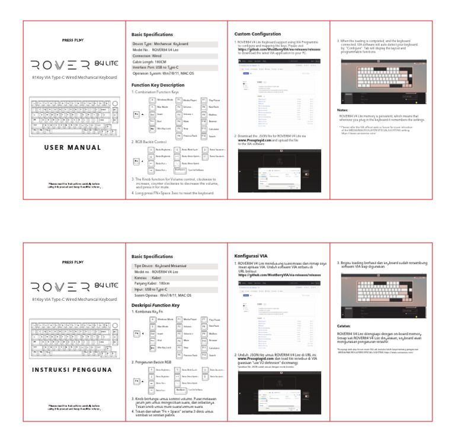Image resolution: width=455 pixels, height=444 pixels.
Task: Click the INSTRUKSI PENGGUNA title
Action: point(74,370)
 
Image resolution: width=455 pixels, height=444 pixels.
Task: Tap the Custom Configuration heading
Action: point(258,34)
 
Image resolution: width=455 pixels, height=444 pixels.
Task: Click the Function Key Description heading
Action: point(158,85)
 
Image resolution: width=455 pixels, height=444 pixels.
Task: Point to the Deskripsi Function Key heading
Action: point(155,305)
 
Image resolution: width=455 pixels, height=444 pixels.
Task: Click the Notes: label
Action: point(342,110)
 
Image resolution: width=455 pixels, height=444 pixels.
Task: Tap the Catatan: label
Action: point(345,325)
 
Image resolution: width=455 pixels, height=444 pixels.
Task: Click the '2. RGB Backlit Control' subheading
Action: point(153,142)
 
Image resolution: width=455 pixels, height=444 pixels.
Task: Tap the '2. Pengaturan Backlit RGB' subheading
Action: point(155,361)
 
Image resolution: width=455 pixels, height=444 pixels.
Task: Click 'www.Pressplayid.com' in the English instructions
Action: point(255,140)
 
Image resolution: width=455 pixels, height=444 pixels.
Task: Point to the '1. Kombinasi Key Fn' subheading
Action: point(149,311)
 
